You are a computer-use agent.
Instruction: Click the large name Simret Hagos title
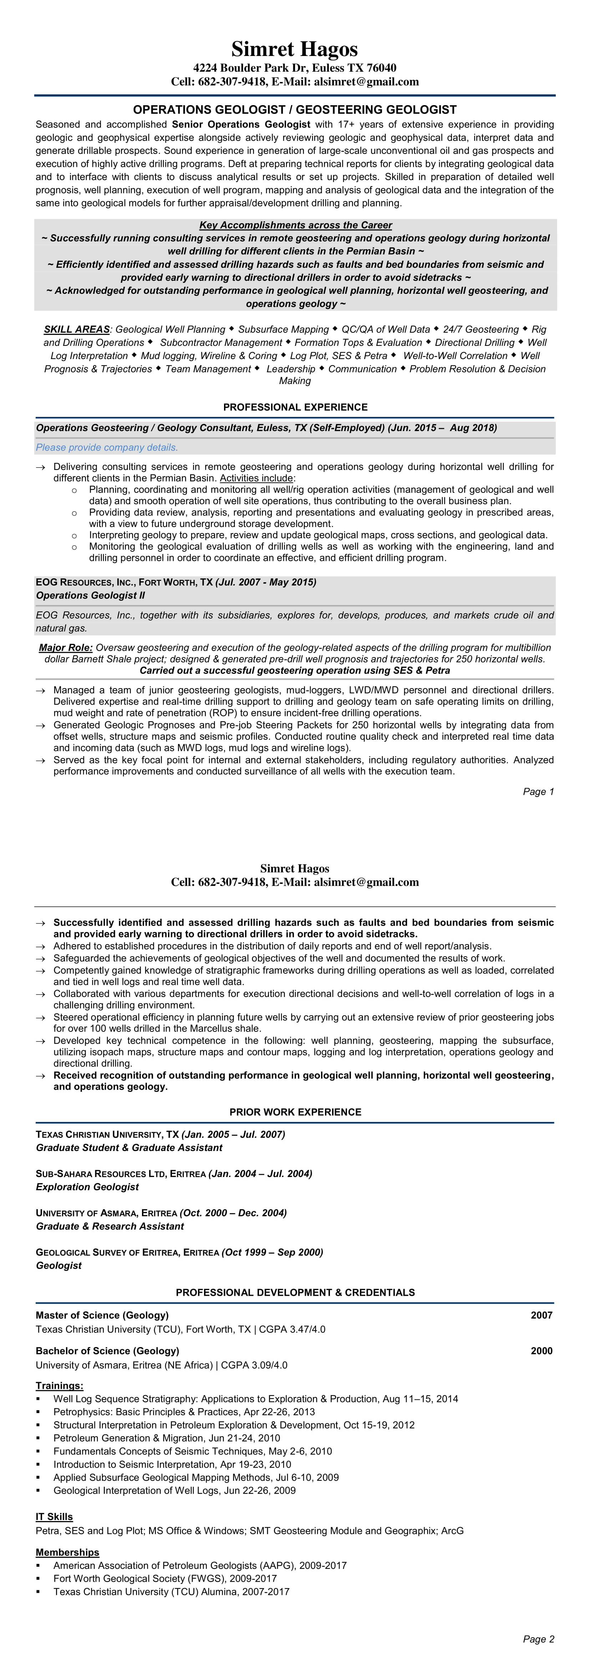(x=295, y=49)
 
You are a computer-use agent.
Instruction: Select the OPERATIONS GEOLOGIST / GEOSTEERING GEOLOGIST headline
(x=295, y=110)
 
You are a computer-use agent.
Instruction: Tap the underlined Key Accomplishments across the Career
(x=295, y=225)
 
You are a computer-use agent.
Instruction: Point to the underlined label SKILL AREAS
(x=76, y=329)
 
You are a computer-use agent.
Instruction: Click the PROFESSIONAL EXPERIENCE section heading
(x=295, y=407)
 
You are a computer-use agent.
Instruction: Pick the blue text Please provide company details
(x=107, y=447)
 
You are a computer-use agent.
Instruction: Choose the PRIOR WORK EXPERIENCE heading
(x=295, y=1112)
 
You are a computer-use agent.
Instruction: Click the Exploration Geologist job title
(x=87, y=1187)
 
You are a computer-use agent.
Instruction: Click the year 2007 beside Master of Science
(x=541, y=1315)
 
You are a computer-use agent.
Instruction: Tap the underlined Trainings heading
(x=60, y=1386)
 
